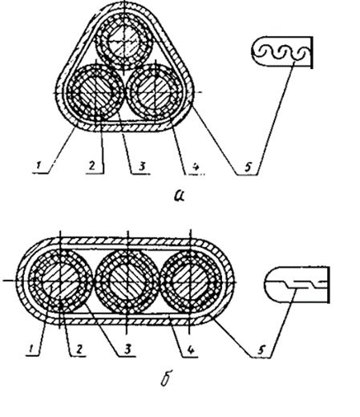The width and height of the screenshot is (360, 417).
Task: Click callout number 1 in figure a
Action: click(38, 166)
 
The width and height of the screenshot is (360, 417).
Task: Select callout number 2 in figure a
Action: click(92, 166)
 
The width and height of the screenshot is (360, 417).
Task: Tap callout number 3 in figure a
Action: click(142, 166)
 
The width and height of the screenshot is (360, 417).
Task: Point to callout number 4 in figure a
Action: click(196, 167)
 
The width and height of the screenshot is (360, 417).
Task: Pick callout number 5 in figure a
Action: click(248, 168)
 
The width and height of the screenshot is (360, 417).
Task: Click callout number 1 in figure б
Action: click(31, 348)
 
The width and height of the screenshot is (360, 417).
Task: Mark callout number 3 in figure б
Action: click(128, 349)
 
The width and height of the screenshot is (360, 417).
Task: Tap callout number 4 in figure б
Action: click(190, 350)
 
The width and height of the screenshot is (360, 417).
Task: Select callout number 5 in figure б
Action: click(261, 350)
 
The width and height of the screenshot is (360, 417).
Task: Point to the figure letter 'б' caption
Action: click(166, 379)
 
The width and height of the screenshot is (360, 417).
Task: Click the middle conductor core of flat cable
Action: click(127, 281)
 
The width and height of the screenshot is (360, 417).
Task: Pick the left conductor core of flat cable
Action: click(60, 281)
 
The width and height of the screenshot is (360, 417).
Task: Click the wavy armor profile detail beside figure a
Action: click(282, 52)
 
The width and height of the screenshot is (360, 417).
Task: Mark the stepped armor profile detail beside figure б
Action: click(297, 285)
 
